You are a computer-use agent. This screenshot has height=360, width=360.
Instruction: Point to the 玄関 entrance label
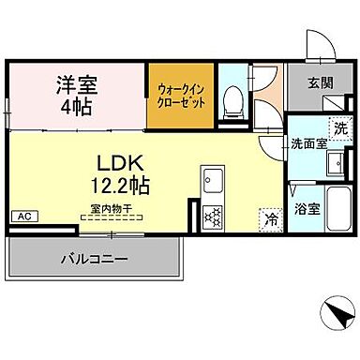click(x=318, y=84)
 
